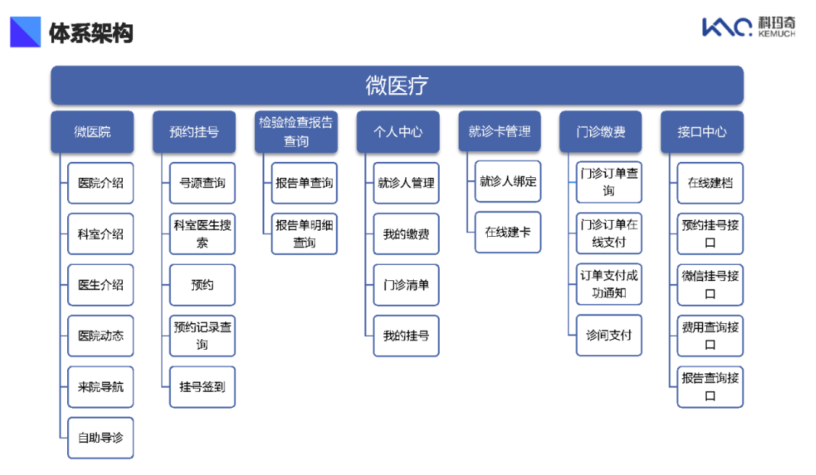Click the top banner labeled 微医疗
click(397, 86)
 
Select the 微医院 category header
click(92, 132)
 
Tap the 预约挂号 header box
click(194, 132)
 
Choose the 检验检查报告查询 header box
click(296, 132)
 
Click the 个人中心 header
click(398, 132)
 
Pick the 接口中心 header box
click(702, 132)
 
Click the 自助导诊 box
click(101, 438)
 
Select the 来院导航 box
click(101, 387)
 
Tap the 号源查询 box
click(202, 183)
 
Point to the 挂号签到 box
click(202, 387)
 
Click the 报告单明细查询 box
click(305, 234)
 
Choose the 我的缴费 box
click(406, 234)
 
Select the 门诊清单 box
click(406, 285)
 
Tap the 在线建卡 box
click(508, 232)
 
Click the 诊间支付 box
click(609, 335)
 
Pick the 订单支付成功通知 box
click(609, 284)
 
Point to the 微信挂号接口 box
click(711, 285)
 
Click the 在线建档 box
click(711, 183)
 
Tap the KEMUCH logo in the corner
click(749, 27)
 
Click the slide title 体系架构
click(91, 33)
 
